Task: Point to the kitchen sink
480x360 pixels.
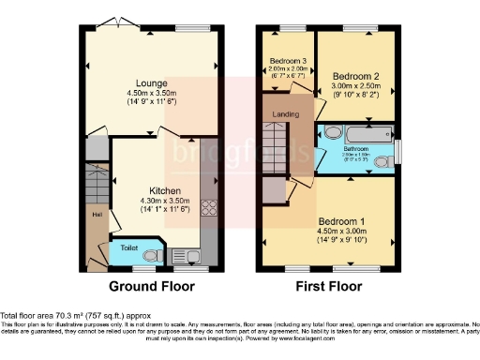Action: coord(187,253)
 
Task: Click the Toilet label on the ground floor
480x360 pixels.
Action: coord(129,250)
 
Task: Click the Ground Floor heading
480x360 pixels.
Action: coord(152,286)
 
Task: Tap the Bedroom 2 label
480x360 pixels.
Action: coord(356,75)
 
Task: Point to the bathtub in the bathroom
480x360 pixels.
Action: coord(368,135)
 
